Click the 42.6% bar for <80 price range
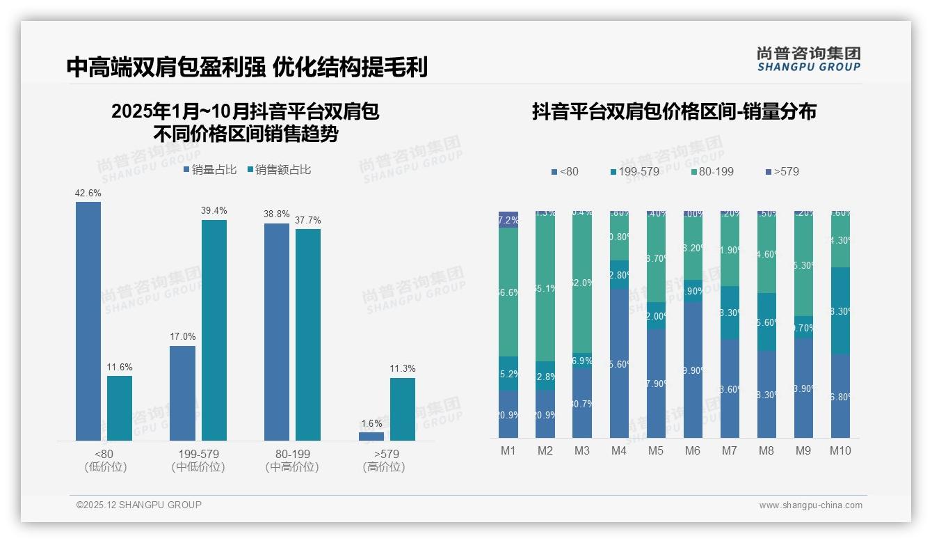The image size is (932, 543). coord(88,321)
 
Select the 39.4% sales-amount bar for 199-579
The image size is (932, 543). coord(214,330)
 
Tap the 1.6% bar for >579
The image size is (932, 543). coord(371,436)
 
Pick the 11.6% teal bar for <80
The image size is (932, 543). coord(120,408)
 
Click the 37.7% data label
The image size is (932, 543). coord(308,221)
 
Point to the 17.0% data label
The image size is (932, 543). coord(183,338)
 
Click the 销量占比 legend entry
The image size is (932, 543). coord(210,170)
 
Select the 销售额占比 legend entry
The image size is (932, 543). coord(279,170)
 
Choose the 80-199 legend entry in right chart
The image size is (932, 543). coord(713,171)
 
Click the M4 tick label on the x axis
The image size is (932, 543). coord(619,451)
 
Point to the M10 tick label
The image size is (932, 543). coord(840,451)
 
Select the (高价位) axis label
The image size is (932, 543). coord(384,467)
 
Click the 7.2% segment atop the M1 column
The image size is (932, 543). coord(508,219)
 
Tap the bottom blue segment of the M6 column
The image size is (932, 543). coord(693,370)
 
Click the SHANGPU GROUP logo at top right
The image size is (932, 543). coord(809,59)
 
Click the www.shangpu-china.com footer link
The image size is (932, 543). coord(810,505)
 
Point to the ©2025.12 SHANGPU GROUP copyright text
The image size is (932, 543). coord(139,505)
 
